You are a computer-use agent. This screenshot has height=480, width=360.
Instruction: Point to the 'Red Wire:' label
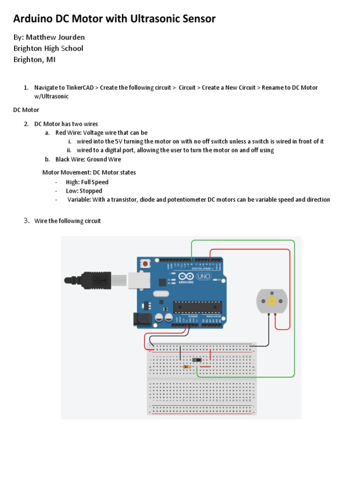pos(68,133)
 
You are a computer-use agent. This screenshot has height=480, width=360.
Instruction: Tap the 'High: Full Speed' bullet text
pos(87,182)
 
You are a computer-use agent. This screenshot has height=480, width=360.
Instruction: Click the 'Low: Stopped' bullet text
pos(84,191)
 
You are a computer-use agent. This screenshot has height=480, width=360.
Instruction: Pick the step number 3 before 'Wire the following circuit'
pos(27,221)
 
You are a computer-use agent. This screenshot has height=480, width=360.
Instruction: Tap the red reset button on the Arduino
pos(146,264)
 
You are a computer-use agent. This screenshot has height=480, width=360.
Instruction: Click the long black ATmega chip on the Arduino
pos(197,307)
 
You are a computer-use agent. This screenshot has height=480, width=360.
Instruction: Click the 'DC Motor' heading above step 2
pos(25,110)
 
